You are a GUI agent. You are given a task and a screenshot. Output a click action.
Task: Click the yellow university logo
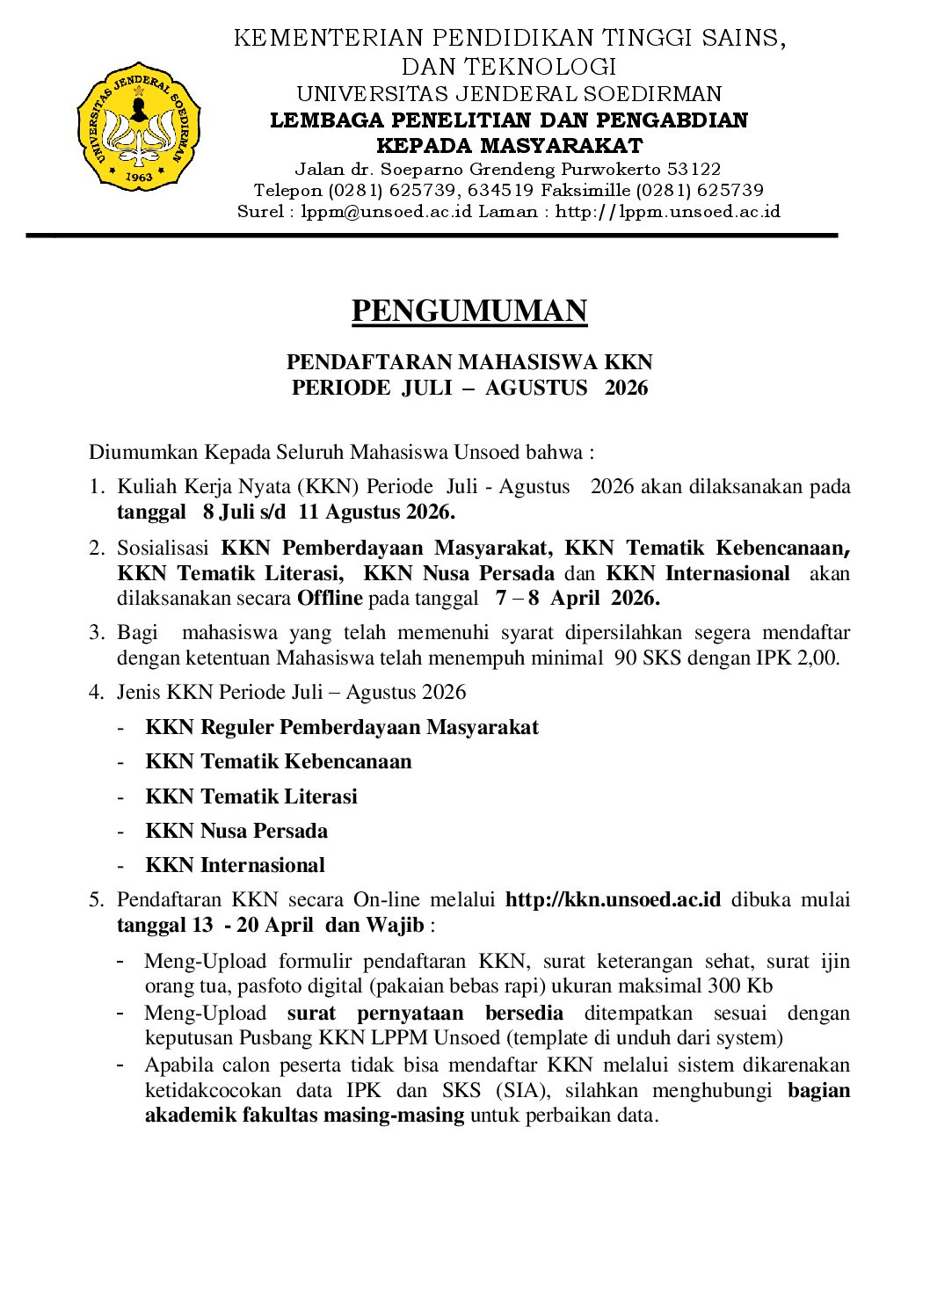tap(139, 127)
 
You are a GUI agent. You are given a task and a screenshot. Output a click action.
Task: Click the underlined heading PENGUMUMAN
tap(469, 311)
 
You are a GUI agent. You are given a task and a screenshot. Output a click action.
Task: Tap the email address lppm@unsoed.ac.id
tap(387, 211)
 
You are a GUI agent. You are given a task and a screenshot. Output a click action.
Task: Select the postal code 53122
tap(694, 169)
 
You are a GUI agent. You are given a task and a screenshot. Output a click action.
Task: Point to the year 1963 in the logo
tap(139, 177)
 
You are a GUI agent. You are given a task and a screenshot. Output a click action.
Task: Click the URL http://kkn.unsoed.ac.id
tap(613, 899)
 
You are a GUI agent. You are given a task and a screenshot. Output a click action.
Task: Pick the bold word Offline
tap(330, 598)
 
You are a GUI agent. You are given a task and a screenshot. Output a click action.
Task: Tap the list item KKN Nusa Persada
tap(236, 831)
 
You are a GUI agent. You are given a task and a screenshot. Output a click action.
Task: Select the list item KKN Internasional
tap(235, 865)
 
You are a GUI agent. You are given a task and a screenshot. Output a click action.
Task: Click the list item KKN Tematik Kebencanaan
tap(278, 761)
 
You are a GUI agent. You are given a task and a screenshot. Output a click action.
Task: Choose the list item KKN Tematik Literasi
tap(251, 796)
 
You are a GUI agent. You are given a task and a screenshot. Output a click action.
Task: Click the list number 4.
tap(95, 692)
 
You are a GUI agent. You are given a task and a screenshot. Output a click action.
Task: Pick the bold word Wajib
tap(396, 925)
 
